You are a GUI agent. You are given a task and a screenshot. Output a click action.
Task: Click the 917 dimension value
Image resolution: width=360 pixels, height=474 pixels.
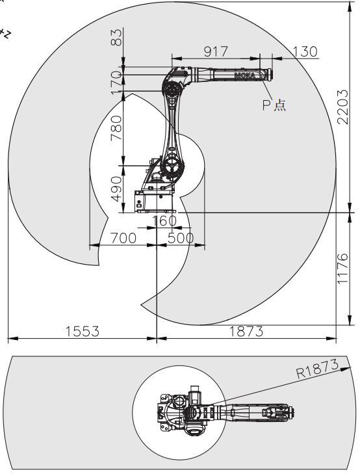pos(216,51)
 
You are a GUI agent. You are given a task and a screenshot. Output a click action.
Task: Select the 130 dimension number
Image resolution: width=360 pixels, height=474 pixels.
pos(305,51)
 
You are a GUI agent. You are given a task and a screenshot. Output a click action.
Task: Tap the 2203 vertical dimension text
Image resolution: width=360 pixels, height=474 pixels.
pos(343,107)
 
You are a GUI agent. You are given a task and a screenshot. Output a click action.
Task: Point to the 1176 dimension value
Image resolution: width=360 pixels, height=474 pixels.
pos(343,269)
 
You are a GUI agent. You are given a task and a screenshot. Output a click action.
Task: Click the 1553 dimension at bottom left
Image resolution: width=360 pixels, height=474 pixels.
pos(83,332)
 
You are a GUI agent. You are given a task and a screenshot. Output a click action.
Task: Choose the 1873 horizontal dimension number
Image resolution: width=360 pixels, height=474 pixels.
pos(246,332)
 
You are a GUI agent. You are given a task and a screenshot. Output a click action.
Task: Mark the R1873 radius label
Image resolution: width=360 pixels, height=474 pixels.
pos(317,369)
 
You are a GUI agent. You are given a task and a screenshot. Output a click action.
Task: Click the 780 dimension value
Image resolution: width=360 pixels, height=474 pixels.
pos(116,128)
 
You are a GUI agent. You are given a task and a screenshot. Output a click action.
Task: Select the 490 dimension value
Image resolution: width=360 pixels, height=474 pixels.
pos(116,189)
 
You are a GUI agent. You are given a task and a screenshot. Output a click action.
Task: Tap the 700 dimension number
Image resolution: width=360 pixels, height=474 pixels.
pos(123,238)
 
